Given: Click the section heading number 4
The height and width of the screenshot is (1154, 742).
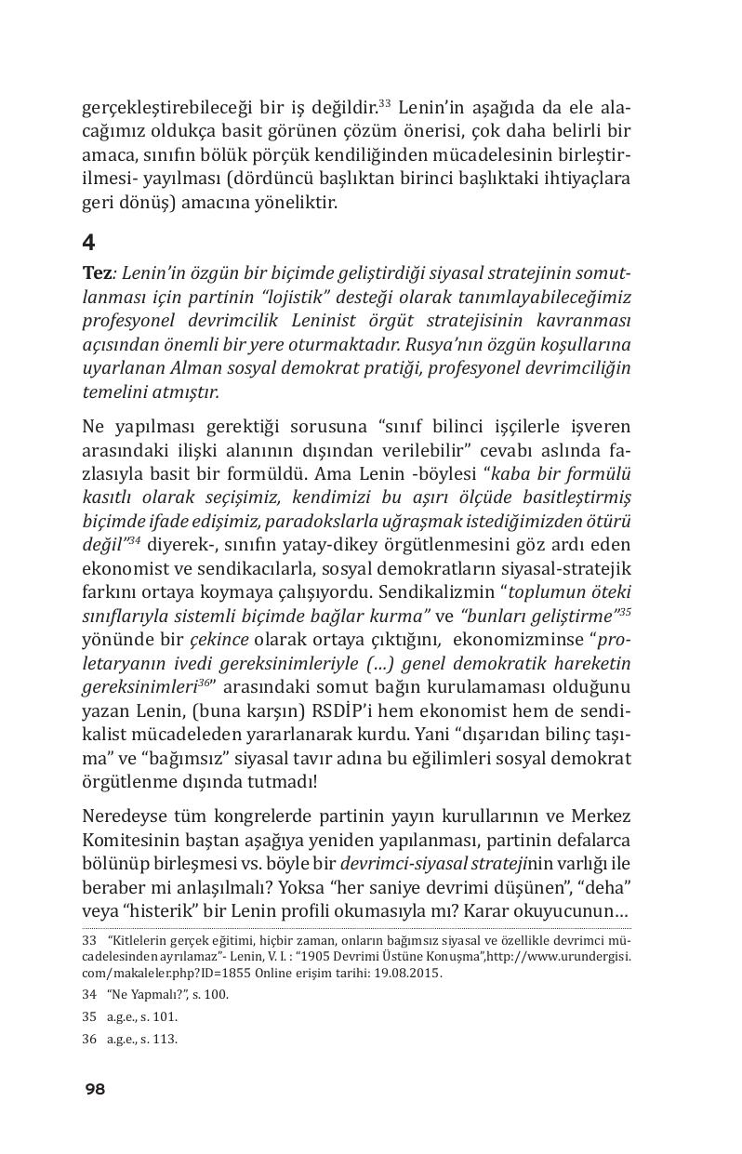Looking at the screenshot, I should click(x=88, y=243).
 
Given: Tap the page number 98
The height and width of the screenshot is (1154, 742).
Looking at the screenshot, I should click(x=95, y=1090).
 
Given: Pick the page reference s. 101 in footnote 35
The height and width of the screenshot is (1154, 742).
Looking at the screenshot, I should click(x=162, y=1016).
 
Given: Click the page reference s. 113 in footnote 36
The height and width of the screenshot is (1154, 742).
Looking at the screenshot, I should click(x=162, y=1039).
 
